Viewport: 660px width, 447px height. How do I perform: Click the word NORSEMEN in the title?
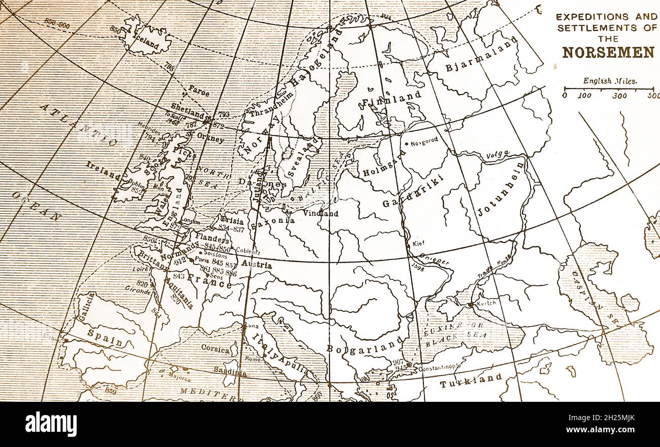tap(608, 52)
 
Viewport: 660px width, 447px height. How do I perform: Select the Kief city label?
tap(418, 243)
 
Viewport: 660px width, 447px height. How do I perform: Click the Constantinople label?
tap(440, 366)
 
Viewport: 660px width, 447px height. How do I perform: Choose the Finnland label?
tap(391, 99)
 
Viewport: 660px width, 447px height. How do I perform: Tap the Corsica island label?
tap(216, 348)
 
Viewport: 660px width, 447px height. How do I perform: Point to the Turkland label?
tap(471, 380)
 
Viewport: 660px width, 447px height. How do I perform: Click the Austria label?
tap(256, 265)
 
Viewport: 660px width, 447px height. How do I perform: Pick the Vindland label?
tap(321, 213)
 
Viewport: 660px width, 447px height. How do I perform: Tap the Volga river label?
tap(498, 154)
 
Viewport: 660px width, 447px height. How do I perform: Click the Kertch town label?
tap(486, 303)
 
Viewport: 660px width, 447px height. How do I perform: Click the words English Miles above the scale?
tap(609, 80)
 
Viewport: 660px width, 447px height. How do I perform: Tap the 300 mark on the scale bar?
tap(619, 95)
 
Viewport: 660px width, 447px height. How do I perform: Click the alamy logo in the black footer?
tap(51, 424)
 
